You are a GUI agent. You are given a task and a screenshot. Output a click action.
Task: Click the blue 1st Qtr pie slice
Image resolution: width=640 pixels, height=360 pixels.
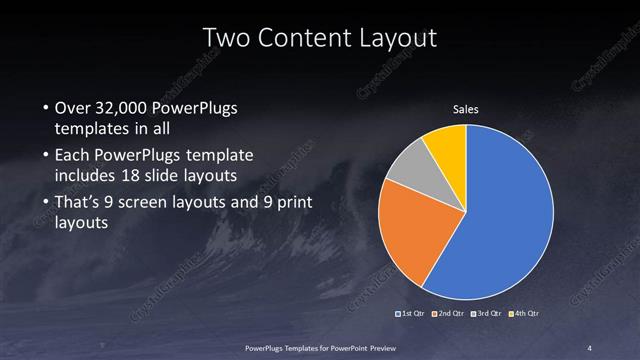[510, 215]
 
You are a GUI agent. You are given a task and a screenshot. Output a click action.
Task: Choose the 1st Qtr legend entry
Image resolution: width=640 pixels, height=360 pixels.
[412, 314]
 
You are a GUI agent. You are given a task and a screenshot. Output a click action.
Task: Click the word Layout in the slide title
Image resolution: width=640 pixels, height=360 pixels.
[400, 38]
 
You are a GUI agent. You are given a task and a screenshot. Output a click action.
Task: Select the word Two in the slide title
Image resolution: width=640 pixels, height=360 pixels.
[223, 38]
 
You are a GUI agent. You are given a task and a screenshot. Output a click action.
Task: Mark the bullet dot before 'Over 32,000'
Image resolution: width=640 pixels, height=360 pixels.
[45, 108]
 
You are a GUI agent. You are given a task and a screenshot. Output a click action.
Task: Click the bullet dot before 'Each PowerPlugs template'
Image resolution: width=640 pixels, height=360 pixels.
[45, 156]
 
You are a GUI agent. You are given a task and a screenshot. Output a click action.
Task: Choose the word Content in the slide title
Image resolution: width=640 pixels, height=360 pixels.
[302, 38]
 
